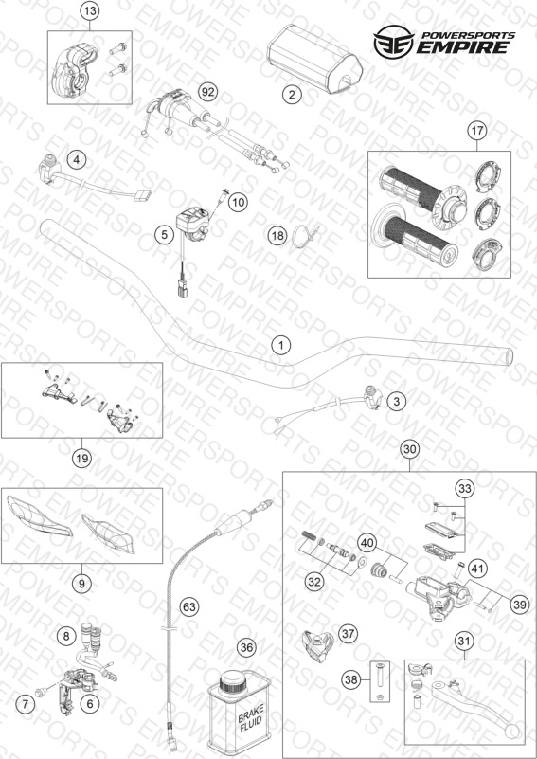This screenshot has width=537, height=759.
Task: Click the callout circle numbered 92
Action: [208, 92]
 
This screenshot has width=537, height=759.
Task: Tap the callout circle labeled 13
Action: [89, 12]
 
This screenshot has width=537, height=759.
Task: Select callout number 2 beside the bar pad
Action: [292, 95]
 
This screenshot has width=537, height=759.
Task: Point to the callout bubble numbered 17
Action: [477, 130]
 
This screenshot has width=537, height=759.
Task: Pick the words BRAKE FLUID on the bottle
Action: [251, 720]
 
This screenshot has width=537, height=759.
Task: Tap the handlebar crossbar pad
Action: [314, 56]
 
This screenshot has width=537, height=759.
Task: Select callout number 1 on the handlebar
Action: [281, 346]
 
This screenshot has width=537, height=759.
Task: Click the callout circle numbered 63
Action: [189, 606]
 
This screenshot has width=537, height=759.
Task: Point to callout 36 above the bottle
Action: [247, 648]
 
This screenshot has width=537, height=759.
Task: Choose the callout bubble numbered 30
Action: [409, 449]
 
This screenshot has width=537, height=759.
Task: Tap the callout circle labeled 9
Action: [81, 584]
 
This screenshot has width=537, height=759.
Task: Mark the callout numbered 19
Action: [81, 458]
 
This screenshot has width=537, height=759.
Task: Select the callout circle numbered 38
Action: [350, 680]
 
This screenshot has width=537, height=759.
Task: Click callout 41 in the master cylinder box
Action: [477, 569]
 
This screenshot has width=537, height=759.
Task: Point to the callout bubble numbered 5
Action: [165, 235]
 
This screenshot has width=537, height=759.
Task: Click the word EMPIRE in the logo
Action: [463, 47]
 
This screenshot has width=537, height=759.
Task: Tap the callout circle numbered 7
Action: [26, 703]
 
